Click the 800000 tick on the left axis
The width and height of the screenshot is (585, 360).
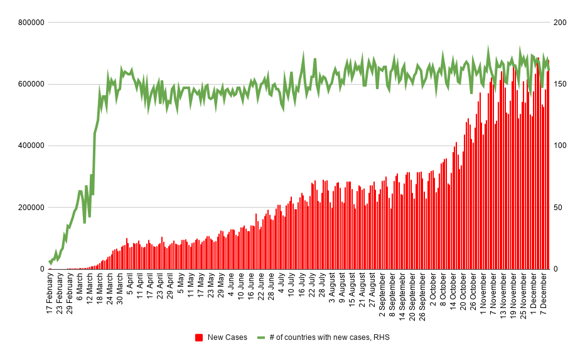coord(30,23)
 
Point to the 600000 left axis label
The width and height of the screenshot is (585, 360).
coord(30,84)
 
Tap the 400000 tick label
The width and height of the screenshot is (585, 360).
coord(30,146)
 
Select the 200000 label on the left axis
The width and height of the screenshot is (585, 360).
coord(30,208)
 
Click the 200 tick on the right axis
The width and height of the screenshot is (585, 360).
coord(559,23)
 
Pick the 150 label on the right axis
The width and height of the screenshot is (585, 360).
coord(559,84)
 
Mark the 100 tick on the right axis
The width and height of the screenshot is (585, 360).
coord(559,146)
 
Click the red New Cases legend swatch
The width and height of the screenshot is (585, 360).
coord(199,337)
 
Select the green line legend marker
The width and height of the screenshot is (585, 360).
coord(261,337)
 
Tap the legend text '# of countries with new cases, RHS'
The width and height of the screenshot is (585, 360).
coord(330,337)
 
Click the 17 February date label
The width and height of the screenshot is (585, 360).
coord(50,294)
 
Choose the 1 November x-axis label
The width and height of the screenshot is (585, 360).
coord(483,292)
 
